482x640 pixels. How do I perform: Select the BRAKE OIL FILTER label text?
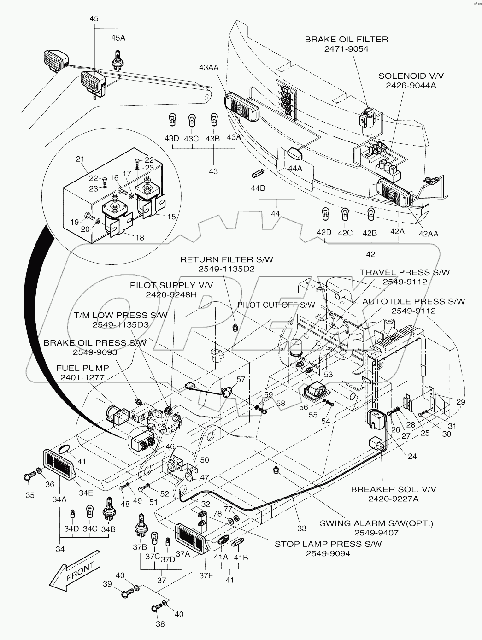point(347,40)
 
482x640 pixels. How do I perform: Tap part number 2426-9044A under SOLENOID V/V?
point(405,85)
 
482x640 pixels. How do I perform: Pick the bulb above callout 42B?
point(370,215)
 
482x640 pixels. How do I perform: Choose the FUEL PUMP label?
point(82,369)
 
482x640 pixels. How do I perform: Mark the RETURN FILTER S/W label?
point(226,259)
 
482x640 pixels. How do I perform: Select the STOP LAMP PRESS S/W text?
point(328,544)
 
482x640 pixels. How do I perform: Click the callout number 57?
point(241,379)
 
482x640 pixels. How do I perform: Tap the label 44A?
point(295,168)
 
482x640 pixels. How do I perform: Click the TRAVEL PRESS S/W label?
point(405,272)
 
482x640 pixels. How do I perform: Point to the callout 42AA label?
point(429,234)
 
